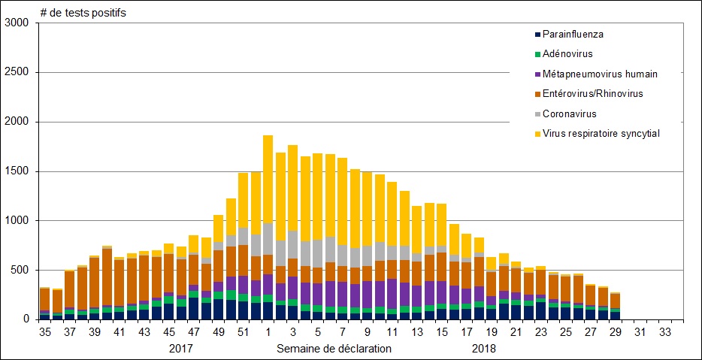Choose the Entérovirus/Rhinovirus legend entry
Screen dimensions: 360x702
coord(592,94)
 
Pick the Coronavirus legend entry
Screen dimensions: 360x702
coord(568,113)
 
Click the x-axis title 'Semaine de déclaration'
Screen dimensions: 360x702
coord(334,349)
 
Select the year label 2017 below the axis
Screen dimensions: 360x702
coord(180,349)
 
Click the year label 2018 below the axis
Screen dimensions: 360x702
coord(484,349)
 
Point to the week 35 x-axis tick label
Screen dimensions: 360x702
coord(45,332)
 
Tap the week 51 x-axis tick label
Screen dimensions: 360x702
coord(243,332)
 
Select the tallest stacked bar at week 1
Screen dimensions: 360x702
coord(268,225)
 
